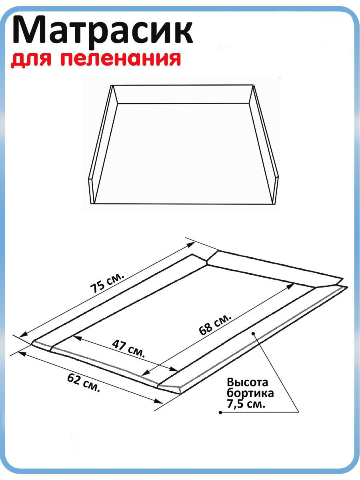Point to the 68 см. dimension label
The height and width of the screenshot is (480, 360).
pyautogui.click(x=215, y=324)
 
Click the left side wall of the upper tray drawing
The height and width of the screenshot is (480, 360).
pyautogui.click(x=103, y=144)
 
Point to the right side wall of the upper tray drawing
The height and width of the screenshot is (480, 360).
pyautogui.click(x=264, y=144)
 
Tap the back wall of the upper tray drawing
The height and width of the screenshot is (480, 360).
pyautogui.click(x=183, y=94)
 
